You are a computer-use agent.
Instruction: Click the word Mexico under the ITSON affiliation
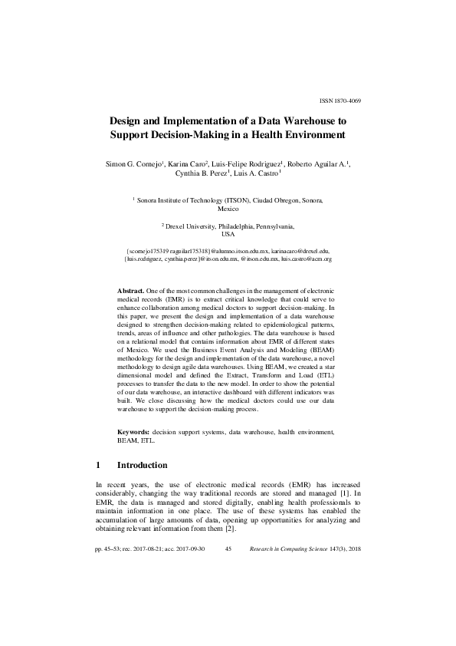pos(228,208)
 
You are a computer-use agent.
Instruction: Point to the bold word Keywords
pos(133,433)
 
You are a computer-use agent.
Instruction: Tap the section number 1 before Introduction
pos(98,465)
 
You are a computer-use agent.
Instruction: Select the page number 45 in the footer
pos(228,550)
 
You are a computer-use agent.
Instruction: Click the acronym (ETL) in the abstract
pos(325,381)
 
